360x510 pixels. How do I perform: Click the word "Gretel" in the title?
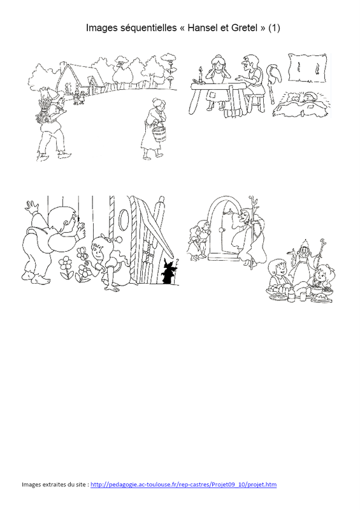245,28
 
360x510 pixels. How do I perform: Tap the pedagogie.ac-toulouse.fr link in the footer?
184,484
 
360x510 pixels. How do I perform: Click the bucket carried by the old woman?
159,133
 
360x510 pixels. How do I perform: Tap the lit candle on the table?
200,75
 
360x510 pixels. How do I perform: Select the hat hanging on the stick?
273,73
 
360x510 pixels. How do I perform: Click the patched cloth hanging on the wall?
307,68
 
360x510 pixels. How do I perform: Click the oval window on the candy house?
124,219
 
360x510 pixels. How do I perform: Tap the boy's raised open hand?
32,207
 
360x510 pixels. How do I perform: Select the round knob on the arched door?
222,230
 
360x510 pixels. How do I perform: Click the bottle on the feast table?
291,295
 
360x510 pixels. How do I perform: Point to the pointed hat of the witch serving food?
305,244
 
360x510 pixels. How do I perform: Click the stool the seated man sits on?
256,103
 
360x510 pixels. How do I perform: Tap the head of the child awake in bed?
308,97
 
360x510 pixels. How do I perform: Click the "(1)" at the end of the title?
274,28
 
